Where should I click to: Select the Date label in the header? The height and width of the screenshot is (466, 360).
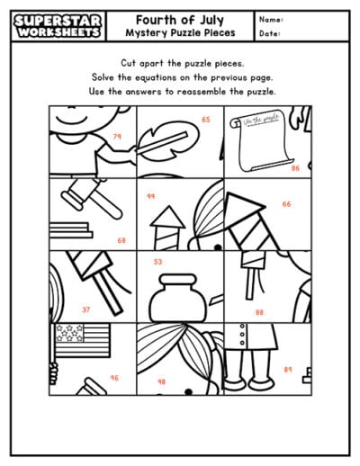pos(269,34)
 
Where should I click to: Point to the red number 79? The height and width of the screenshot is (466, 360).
pos(117,137)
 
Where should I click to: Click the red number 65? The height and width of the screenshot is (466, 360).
pos(206,119)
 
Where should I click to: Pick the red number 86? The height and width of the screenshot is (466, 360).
pos(295,167)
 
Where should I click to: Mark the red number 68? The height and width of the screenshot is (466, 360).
pos(121,240)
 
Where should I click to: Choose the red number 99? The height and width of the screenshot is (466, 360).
pos(151,195)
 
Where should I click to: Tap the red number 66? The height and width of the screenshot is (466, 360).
pos(286,204)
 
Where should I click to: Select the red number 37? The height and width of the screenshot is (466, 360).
pos(86,309)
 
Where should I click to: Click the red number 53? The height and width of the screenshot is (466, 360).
pos(158,262)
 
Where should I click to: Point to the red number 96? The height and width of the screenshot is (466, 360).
pos(114,378)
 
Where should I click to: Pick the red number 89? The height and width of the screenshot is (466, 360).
pos(288,369)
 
